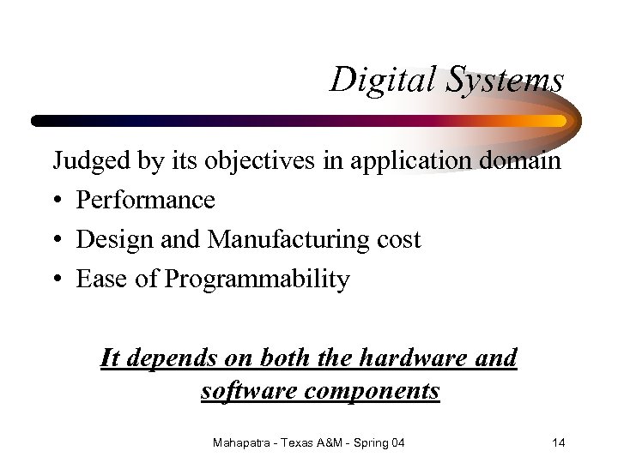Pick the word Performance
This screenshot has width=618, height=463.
(146, 200)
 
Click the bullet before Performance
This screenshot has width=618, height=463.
(58, 201)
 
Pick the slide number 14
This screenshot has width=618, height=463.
(558, 442)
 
